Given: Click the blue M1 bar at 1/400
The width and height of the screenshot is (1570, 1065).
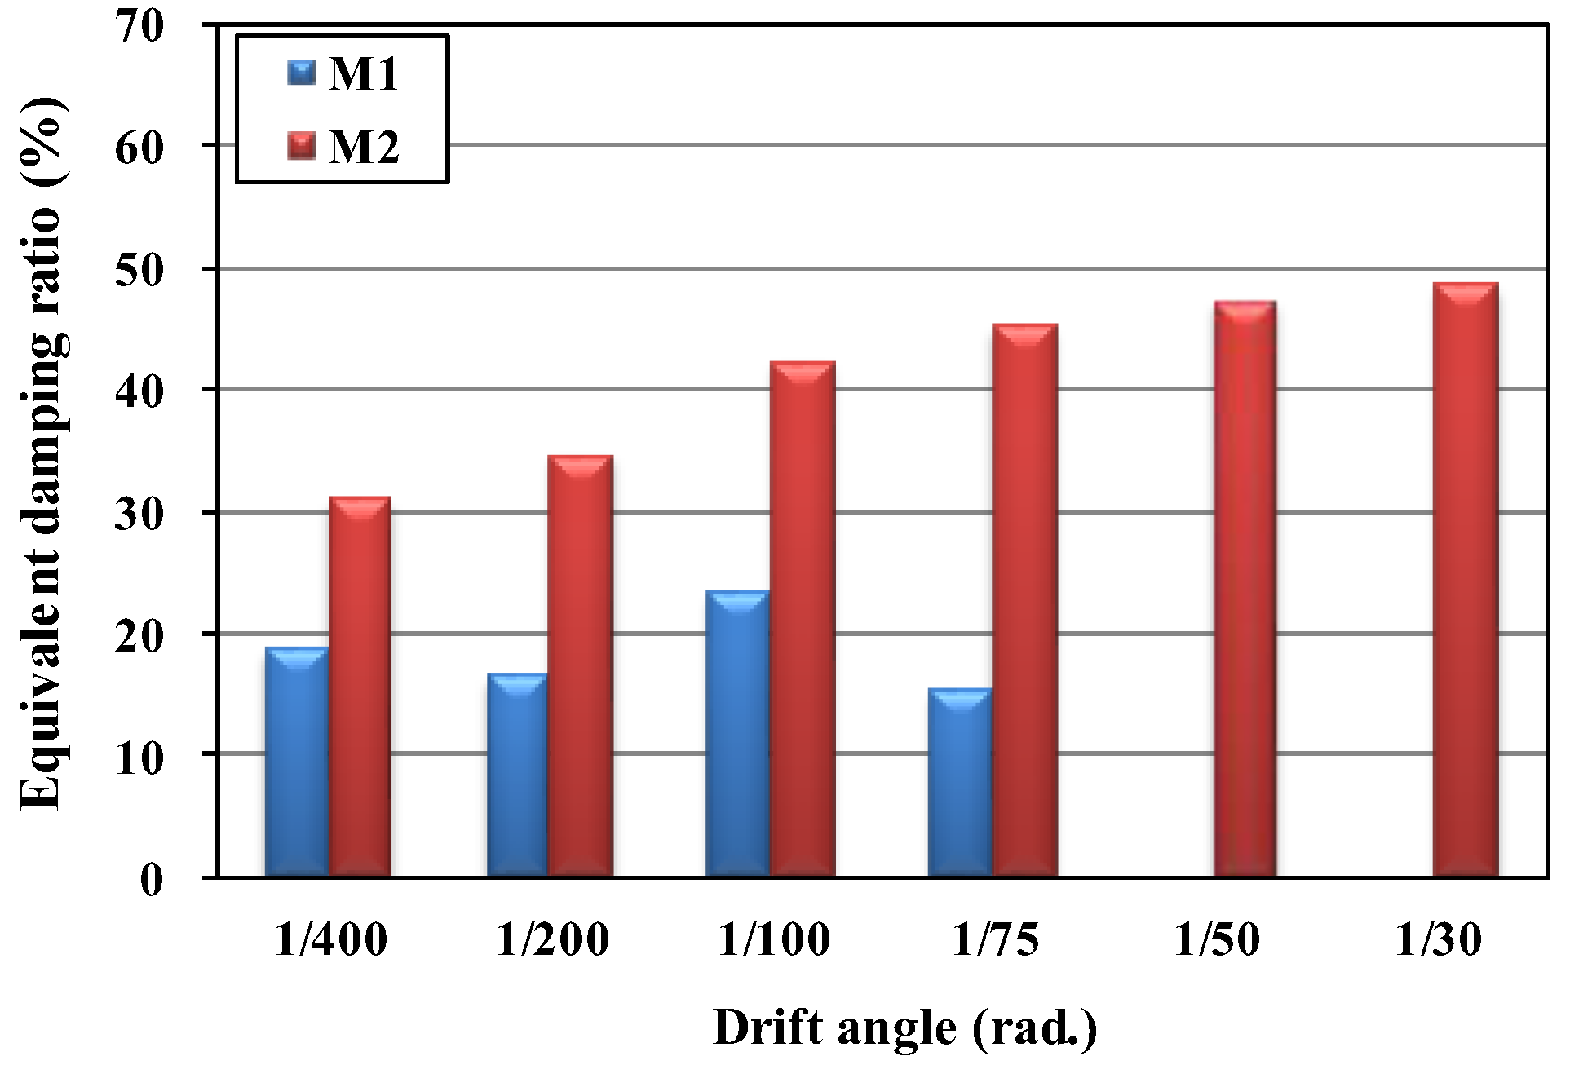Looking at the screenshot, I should click(297, 762).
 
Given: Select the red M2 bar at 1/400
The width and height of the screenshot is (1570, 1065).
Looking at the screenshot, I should click(360, 687).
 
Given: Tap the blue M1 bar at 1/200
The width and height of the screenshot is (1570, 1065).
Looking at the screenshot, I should click(517, 775).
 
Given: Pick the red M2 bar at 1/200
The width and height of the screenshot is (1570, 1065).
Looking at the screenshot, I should click(580, 666).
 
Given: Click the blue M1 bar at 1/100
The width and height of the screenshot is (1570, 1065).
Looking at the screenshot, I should click(737, 734).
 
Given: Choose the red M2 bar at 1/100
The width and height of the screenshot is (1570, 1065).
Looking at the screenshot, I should click(803, 620).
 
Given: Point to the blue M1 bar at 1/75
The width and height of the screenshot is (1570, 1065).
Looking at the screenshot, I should click(960, 783).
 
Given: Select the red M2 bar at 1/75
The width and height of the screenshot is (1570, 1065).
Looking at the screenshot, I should click(1024, 601).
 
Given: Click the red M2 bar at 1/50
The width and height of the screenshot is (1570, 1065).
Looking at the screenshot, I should click(1245, 589).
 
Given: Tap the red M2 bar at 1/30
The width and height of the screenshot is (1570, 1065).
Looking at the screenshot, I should click(1466, 580).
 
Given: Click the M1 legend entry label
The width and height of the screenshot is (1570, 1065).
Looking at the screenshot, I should click(364, 74).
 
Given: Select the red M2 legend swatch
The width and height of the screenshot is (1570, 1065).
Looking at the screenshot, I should click(302, 148).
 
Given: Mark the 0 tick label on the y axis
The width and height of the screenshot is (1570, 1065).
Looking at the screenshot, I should click(152, 880).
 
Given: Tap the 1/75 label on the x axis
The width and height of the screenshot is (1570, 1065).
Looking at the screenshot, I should click(997, 940).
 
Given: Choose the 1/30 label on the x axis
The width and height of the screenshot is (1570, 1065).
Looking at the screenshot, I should click(1439, 940).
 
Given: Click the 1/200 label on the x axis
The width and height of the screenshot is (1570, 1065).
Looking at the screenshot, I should click(553, 940).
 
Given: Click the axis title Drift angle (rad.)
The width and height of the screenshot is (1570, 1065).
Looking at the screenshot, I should click(905, 1027).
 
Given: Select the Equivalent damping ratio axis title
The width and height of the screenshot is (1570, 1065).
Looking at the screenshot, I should click(41, 453).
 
